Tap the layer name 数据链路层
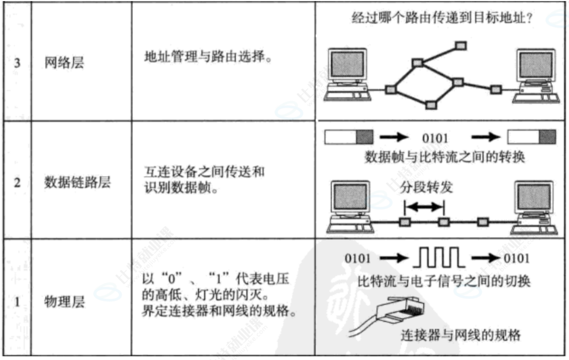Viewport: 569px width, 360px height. coord(77,183)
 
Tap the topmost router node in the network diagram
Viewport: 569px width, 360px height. coord(461,45)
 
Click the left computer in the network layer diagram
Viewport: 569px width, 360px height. coord(347,74)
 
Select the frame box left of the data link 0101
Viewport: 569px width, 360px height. coord(349,138)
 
